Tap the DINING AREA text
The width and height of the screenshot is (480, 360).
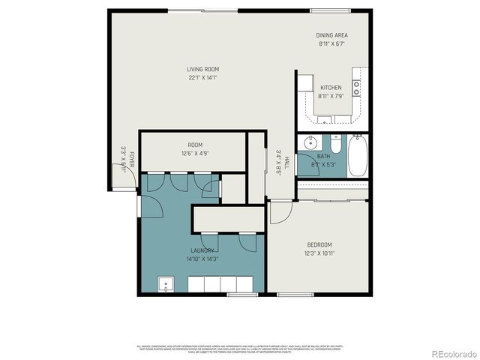click(332, 35)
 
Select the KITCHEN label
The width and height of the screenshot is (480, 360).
click(331, 88)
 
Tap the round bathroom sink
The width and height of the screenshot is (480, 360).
click(309, 142)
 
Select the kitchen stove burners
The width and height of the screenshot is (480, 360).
click(357, 88)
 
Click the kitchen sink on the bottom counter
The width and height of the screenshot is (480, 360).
click(325, 119)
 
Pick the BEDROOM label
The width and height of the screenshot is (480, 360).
click(319, 245)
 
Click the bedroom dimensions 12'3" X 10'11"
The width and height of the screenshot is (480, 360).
click(319, 253)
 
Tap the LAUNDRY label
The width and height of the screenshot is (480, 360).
click(202, 250)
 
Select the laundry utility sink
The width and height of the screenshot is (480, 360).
click(166, 284)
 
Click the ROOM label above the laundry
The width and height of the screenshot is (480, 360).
click(195, 145)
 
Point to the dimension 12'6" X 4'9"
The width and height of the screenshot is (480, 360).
click(195, 153)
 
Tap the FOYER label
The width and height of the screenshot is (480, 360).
click(130, 159)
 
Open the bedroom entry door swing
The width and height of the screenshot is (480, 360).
click(279, 213)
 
